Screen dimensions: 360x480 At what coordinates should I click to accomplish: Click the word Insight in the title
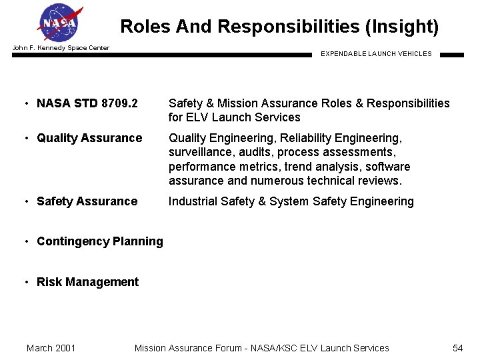click(402, 27)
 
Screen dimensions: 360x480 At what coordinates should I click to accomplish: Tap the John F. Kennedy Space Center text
click(61, 48)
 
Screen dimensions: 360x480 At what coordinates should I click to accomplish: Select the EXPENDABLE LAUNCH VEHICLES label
click(376, 54)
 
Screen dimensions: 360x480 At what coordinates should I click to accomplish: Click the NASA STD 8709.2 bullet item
click(87, 103)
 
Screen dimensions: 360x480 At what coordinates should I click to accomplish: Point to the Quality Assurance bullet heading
click(89, 138)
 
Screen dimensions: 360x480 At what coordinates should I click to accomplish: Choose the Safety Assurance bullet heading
click(87, 201)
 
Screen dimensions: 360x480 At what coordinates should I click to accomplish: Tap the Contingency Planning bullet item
click(99, 241)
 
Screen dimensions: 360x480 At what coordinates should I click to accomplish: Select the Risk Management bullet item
click(87, 282)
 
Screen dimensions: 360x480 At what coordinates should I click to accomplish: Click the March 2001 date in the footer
click(51, 348)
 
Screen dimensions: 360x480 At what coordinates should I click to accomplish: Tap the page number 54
click(457, 348)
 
